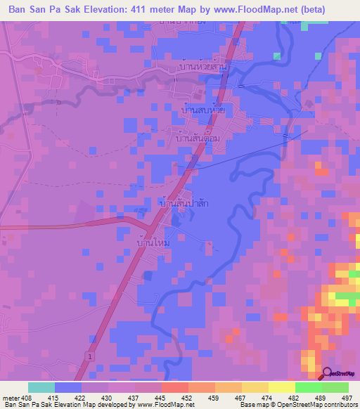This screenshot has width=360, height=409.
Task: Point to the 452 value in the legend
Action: pyautogui.click(x=188, y=398)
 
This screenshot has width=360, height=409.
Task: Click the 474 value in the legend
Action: pyautogui.click(x=268, y=398)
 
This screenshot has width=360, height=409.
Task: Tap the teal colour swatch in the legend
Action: pyautogui.click(x=41, y=387)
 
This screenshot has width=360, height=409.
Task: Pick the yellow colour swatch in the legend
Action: pyautogui.click(x=255, y=387)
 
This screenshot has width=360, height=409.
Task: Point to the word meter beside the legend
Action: pyautogui.click(x=10, y=398)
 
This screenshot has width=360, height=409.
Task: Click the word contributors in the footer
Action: pyautogui.click(x=337, y=405)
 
